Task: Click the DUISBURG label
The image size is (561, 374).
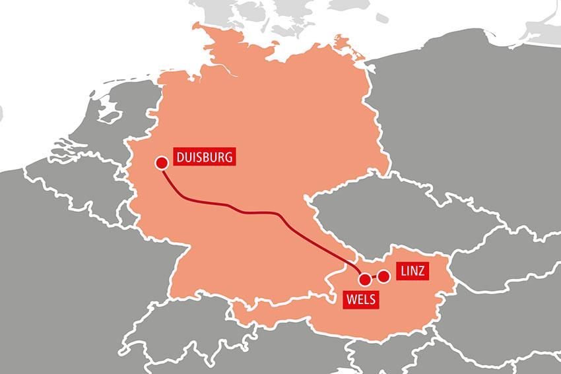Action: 205,158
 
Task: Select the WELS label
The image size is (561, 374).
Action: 360,299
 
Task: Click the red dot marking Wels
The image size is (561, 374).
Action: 364,280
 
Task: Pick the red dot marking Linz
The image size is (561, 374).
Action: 383,276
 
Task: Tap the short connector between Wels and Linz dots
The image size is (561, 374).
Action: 374,278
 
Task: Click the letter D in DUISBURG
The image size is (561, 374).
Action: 180,158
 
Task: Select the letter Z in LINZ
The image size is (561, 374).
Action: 424,271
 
